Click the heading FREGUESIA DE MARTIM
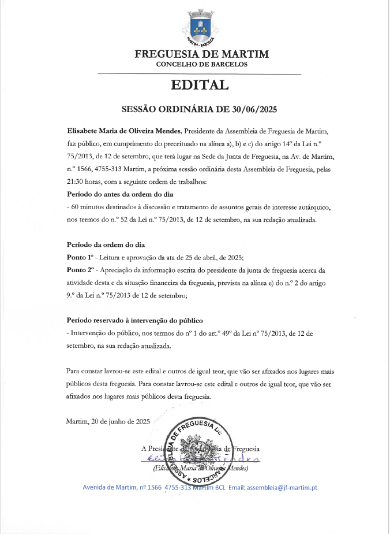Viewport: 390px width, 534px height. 201,54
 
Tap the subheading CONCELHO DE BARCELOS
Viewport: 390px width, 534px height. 201,64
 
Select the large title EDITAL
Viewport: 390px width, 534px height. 200,85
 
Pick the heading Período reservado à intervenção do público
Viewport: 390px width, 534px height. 135,320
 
